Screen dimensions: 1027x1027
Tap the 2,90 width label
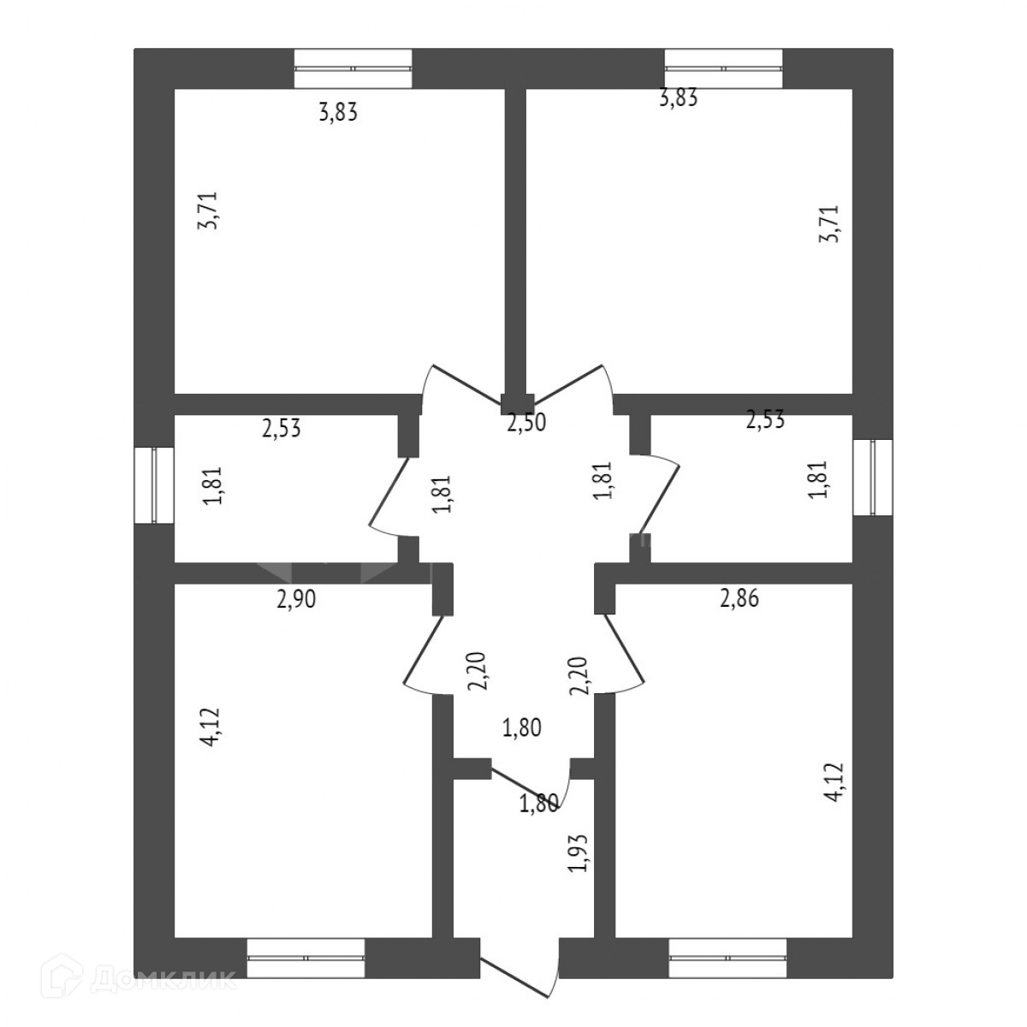pos(296,600)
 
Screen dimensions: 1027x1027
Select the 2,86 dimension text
pos(739,599)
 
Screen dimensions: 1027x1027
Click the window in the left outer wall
pos(154,484)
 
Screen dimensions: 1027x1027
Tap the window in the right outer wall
pos(872,478)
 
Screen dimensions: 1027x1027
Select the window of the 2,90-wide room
pos(306,958)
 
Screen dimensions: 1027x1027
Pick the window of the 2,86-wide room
pos(727,958)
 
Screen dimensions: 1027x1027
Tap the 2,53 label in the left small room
pos(282,428)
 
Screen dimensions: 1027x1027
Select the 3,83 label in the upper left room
pos(337,112)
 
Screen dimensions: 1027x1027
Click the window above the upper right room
pos(723,68)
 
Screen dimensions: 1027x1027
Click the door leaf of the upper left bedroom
pos(466,384)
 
